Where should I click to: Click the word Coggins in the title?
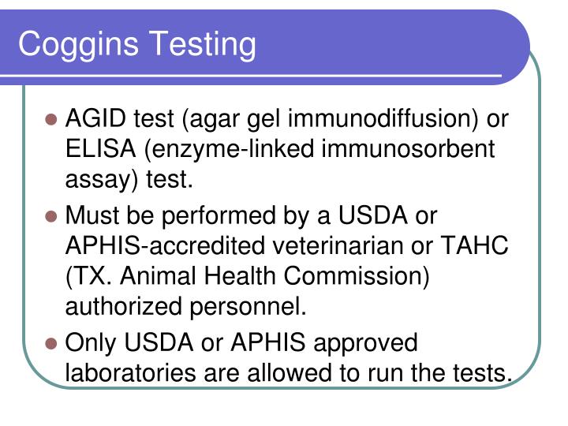pos(78,45)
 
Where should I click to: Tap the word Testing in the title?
pos(203,45)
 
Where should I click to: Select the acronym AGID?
pos(95,118)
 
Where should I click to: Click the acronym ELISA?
pos(101,148)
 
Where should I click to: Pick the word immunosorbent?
pos(408,149)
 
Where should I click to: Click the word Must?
pos(92,215)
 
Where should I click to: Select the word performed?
pos(219,216)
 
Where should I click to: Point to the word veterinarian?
pos(338,245)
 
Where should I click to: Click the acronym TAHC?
pos(474,245)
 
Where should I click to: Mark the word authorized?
pos(124,306)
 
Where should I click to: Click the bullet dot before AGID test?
pos(51,120)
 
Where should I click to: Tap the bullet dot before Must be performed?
pos(51,217)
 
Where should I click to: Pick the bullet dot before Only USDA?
pos(51,343)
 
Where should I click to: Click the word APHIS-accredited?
pos(165,245)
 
